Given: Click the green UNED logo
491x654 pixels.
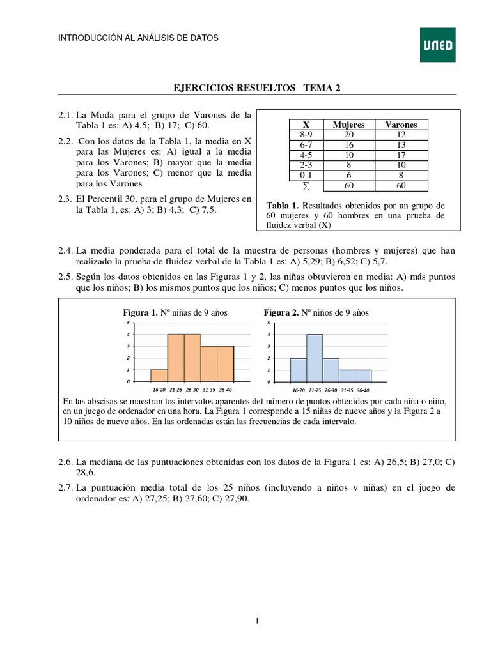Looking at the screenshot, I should pos(437,45).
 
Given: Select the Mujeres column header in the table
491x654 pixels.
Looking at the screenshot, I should pos(348,125).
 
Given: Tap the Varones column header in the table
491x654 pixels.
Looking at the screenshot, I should pos(400,125).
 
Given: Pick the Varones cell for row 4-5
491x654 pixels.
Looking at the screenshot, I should pos(400,155).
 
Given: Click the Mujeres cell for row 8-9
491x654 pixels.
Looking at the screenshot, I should pos(348,135).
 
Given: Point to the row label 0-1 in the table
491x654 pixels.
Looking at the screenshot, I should pos(306,175).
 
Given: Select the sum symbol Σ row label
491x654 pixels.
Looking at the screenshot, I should pos(306,186).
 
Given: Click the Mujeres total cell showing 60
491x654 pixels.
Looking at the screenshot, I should pos(348,186).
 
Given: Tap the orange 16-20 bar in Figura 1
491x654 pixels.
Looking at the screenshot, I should pos(159,375).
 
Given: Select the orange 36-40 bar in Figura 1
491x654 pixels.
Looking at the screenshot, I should pos(225,363).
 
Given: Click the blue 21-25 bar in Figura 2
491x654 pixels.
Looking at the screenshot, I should pos(315,358).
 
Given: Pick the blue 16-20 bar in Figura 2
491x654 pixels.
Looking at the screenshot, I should pos(299,369).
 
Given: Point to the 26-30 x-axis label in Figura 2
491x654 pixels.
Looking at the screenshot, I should pos(331,390).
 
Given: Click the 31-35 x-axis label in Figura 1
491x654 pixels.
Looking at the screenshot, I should pos(208,388).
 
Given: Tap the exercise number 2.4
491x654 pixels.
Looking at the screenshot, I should pos(66,251).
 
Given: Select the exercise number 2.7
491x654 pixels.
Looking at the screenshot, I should pos(66,488).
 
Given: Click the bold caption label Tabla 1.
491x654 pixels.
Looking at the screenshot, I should pos(282,206).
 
